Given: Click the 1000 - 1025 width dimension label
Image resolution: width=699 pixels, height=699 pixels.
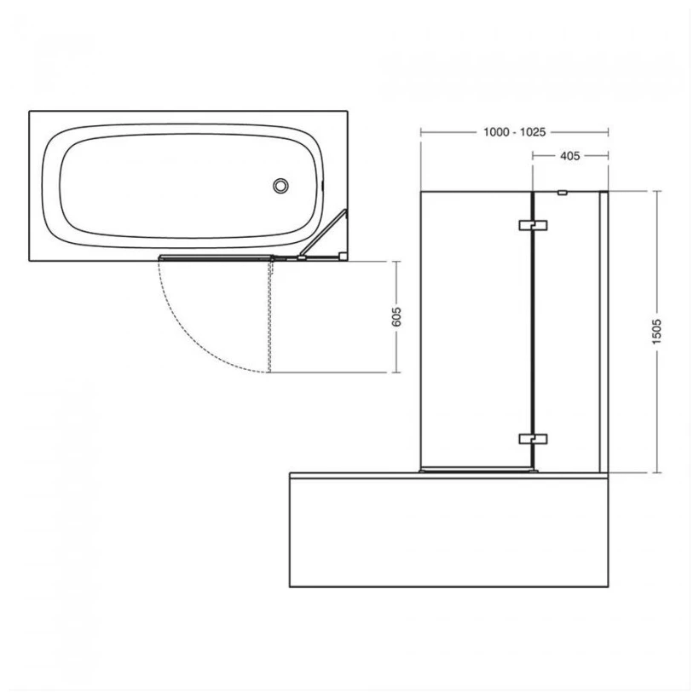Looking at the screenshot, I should tap(514, 132).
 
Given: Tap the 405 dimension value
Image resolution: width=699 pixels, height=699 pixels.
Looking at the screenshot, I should tap(569, 156).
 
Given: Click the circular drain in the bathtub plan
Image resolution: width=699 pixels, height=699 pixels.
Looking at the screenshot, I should tap(280, 186).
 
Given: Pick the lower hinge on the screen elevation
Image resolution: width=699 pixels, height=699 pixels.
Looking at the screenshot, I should tap(532, 439).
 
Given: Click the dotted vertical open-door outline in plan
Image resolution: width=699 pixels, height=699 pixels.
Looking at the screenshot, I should tap(269, 315).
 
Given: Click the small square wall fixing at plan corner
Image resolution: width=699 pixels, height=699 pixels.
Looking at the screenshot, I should tap(342, 254).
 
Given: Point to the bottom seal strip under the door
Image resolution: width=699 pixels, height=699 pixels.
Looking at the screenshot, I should tap(477, 469).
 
